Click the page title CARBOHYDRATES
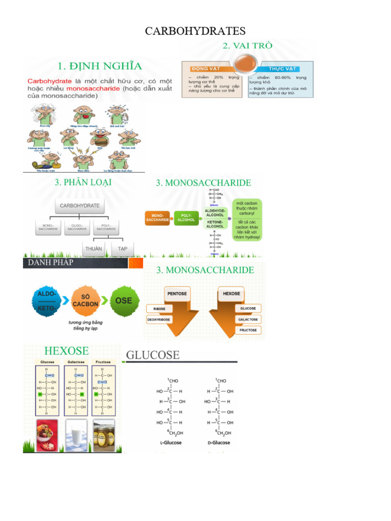pyautogui.click(x=195, y=32)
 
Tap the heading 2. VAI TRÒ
pyautogui.click(x=247, y=46)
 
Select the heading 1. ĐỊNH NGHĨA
pyautogui.click(x=100, y=66)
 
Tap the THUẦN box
pyautogui.click(x=94, y=249)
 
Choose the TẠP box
pyautogui.click(x=123, y=249)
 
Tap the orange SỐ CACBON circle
pyautogui.click(x=85, y=301)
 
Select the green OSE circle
pyautogui.click(x=123, y=300)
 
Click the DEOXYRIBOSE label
pyautogui.click(x=159, y=320)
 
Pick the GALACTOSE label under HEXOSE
pyautogui.click(x=248, y=320)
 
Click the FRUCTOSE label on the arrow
pyautogui.click(x=248, y=330)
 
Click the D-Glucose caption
pyautogui.click(x=220, y=443)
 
